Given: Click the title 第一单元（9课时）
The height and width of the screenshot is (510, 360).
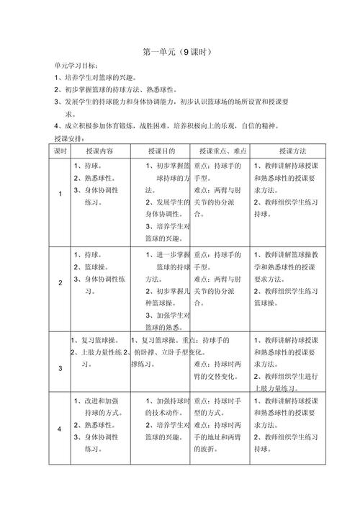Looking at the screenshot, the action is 179,52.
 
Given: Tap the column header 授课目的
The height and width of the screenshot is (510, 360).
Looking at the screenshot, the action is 161,151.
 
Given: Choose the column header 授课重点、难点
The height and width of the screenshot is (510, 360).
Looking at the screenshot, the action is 222,151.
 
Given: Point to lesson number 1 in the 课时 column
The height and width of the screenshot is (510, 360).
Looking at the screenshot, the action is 60,194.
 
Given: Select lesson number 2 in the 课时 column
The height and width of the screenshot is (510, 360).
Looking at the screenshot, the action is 60,283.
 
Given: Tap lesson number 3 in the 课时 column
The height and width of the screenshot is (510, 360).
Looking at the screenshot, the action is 60,369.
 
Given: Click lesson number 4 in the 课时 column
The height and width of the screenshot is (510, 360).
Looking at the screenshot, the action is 60,429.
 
